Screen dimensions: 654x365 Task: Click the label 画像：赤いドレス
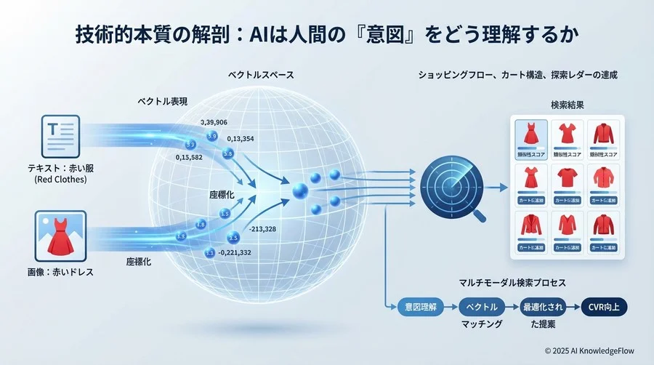[x=60, y=271]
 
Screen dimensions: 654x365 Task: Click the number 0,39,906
[x=220, y=122]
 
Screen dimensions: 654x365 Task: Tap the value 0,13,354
[x=246, y=140]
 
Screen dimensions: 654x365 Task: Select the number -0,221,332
[x=235, y=252]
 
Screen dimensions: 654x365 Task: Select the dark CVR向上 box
[x=606, y=307]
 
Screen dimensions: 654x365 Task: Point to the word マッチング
[x=482, y=324]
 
